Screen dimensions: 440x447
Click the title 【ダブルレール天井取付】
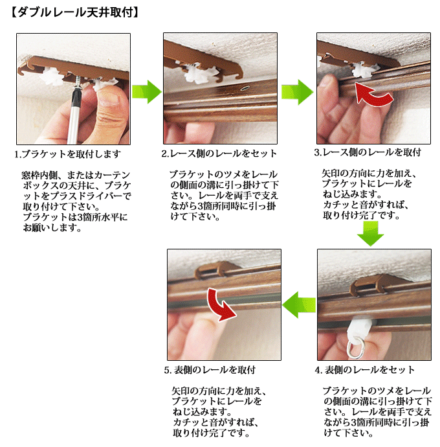(x=74, y=12)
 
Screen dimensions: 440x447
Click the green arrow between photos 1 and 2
(x=147, y=92)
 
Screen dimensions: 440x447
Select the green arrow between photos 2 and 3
(x=298, y=92)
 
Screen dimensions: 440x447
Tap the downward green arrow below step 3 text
(x=370, y=233)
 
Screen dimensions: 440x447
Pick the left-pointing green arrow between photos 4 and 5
(x=299, y=304)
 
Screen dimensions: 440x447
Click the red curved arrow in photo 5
(x=220, y=306)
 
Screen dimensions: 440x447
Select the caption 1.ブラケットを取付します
(x=68, y=154)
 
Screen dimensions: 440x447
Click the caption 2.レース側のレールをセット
(x=219, y=154)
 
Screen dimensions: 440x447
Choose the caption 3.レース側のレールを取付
(x=368, y=152)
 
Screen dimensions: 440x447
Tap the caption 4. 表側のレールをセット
(x=365, y=370)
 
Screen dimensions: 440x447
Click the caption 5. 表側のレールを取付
(x=210, y=370)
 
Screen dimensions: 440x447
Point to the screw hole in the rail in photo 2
(x=245, y=88)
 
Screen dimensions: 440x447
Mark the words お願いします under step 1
(x=52, y=228)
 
